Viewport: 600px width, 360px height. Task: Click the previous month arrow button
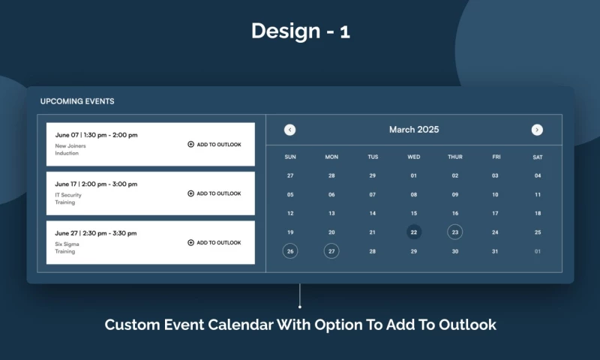tap(289, 130)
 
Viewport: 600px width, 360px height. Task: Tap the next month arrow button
tap(537, 130)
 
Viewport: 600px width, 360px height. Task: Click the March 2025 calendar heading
tap(414, 130)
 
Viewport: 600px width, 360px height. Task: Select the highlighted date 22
tap(414, 232)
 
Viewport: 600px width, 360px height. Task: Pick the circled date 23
tap(454, 232)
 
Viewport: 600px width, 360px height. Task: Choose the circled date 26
tap(290, 251)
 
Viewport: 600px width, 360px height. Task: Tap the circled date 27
tap(331, 251)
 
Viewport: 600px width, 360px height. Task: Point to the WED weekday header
tap(414, 157)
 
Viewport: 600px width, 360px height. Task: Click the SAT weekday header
tap(537, 157)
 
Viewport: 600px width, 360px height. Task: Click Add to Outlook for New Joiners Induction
tap(214, 145)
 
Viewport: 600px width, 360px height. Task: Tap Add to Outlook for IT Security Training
tap(214, 193)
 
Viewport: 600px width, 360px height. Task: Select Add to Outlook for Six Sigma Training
tap(214, 243)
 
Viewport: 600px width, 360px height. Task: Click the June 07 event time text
tap(96, 135)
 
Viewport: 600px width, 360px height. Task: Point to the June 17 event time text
tap(96, 184)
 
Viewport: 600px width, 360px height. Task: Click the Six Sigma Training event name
tap(67, 247)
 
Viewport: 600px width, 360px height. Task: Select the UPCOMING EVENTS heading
tap(77, 101)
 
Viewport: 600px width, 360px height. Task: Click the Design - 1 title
tap(300, 31)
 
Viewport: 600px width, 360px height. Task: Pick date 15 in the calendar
tap(414, 213)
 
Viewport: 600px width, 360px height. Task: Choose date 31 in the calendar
tap(495, 251)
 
